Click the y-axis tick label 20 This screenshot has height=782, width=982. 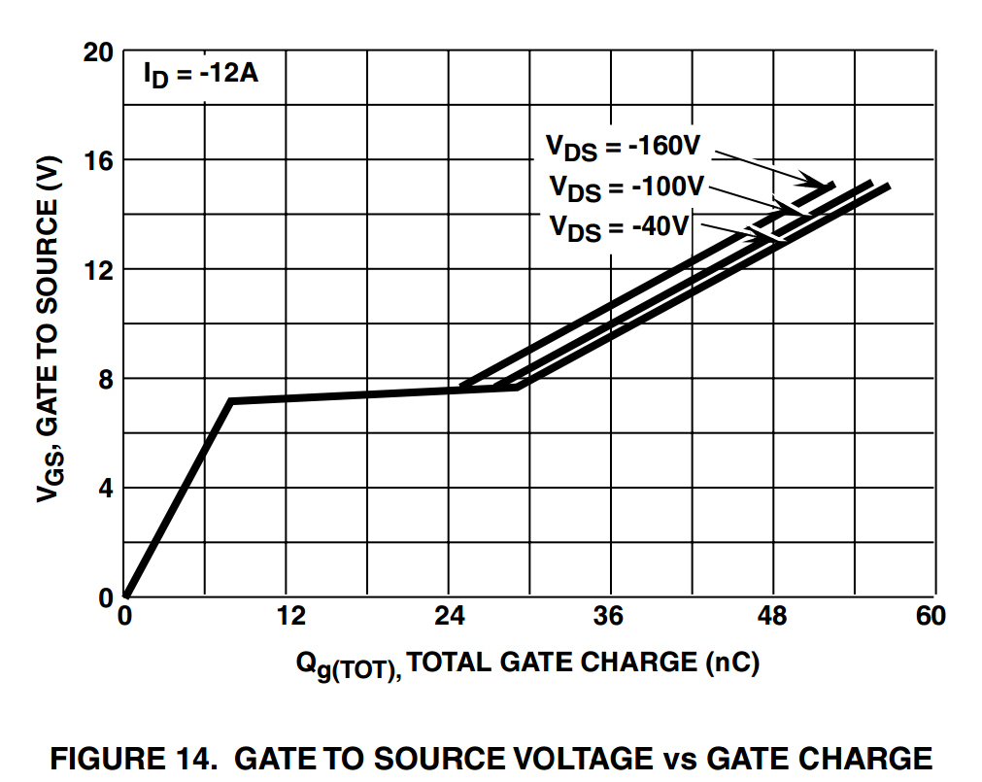[98, 51]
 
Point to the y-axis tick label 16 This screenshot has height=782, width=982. [98, 159]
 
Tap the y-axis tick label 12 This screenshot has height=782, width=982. [98, 269]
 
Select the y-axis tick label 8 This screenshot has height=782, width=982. [105, 378]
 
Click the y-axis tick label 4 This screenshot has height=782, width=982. [105, 488]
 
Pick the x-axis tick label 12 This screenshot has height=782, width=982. [290, 617]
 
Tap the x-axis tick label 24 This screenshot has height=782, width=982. [450, 617]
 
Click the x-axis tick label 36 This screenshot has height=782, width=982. [609, 617]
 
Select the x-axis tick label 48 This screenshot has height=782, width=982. [772, 617]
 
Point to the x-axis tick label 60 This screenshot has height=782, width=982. [930, 617]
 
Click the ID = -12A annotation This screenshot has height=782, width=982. [200, 76]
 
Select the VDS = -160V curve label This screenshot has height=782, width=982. [622, 148]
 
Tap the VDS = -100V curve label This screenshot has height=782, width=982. [626, 187]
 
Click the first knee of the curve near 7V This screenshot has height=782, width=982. [230, 400]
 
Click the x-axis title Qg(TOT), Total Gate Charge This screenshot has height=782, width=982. [527, 664]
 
